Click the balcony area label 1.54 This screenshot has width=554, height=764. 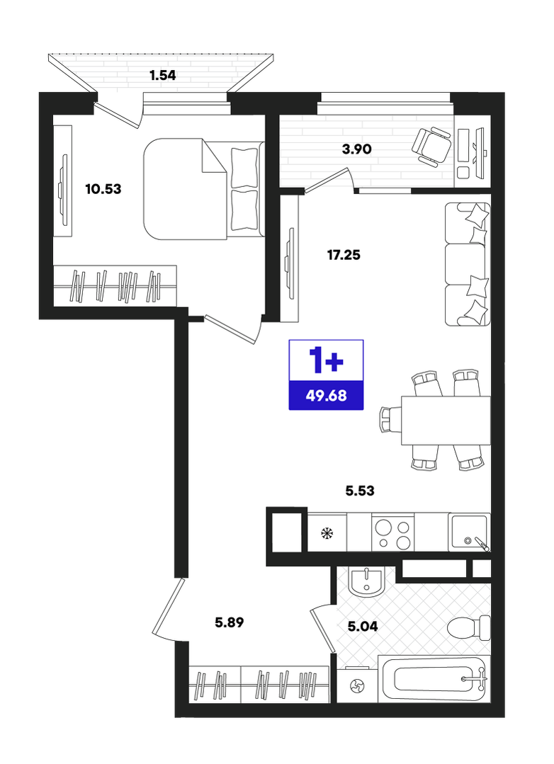pos(162,75)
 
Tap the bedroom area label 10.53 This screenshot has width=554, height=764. pos(103,188)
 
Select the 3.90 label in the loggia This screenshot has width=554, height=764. pos(356,149)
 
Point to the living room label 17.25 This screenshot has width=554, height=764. pos(344,254)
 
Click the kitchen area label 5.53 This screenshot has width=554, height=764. pos(360,490)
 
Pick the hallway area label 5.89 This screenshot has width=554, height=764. pos(230,622)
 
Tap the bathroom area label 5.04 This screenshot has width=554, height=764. pos(363,626)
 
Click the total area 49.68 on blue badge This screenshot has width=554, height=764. pos(327,395)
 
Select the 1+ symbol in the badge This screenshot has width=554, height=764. pos(327,361)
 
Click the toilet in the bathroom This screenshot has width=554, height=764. pos(469,627)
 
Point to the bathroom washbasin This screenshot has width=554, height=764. pos(367,581)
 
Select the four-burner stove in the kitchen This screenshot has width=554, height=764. pos(392,532)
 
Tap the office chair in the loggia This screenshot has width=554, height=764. pos(431,146)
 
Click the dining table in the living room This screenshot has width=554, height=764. pos(446,420)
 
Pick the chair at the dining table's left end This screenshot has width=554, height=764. pos(390,420)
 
